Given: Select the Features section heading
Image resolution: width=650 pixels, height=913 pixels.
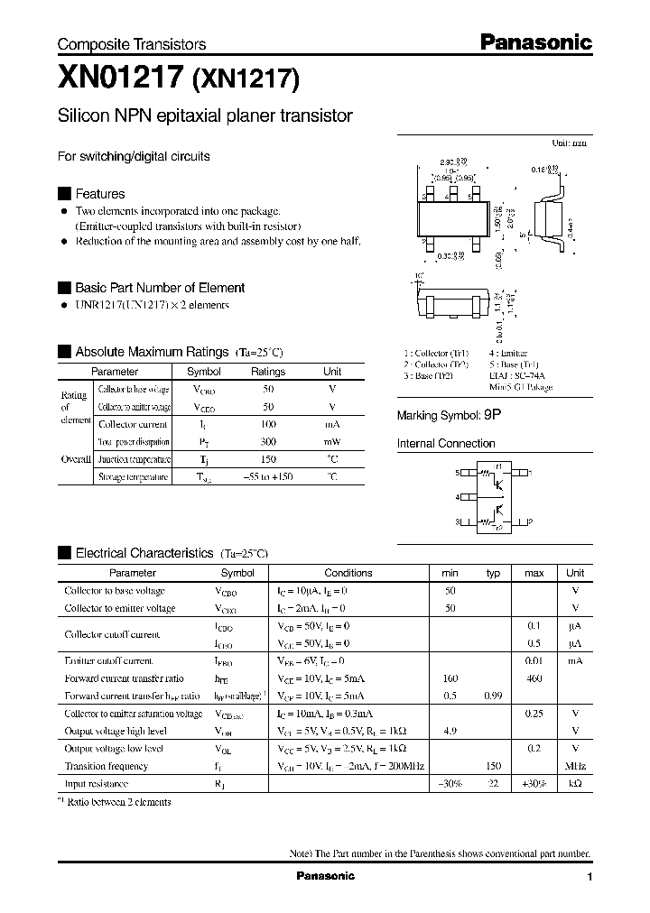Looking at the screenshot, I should (99, 194).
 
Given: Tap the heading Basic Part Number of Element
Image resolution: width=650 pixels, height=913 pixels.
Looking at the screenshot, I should (159, 288).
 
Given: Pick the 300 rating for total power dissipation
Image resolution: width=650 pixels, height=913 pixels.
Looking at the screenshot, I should (268, 442).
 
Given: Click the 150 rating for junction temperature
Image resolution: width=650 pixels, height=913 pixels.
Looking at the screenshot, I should (268, 459).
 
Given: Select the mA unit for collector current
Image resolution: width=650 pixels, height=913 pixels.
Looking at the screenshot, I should (332, 424).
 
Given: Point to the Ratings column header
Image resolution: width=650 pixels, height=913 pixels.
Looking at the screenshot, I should (268, 372).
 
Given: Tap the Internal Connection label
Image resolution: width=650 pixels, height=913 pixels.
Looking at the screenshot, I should (446, 444).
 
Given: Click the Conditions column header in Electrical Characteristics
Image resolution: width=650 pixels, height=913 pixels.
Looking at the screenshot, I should (348, 573).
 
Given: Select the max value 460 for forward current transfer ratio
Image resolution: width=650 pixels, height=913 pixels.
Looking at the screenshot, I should (534, 678).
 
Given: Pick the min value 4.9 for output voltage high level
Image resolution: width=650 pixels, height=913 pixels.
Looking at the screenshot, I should (450, 731).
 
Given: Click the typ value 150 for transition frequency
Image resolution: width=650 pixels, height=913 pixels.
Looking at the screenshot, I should (493, 766).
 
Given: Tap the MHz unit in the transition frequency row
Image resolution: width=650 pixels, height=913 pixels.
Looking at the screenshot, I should (575, 766).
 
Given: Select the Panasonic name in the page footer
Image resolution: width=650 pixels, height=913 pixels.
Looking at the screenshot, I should (326, 876).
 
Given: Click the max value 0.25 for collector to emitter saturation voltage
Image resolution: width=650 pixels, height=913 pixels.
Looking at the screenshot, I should (534, 714).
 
